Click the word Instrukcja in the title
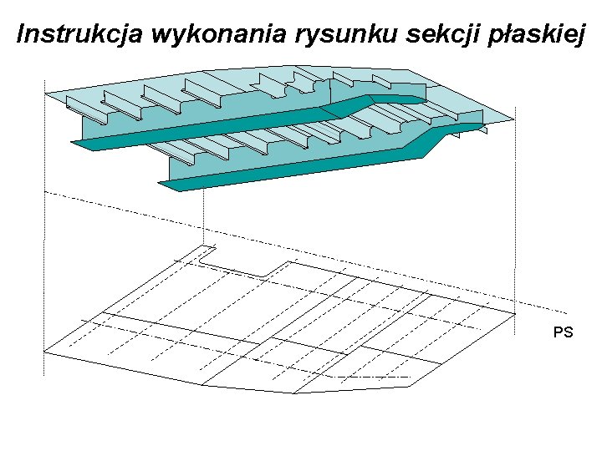[x=68, y=35]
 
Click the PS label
[x=563, y=332]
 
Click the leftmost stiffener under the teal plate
[x=84, y=109]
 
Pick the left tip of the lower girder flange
[x=163, y=185]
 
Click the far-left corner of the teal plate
[x=46, y=91]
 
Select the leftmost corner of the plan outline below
[x=44, y=352]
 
